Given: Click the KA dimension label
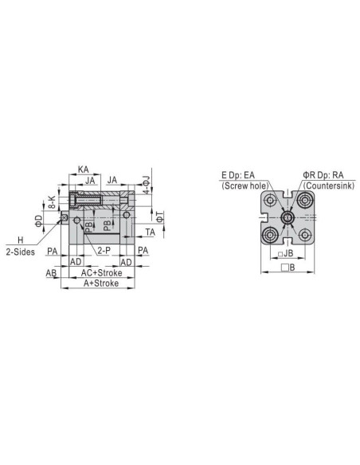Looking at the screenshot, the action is tap(84, 170).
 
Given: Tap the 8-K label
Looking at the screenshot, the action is tap(53, 202).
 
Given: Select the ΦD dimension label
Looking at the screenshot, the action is tap(39, 221).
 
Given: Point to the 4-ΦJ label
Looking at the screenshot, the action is tap(147, 185).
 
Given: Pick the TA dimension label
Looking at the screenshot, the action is tap(151, 232).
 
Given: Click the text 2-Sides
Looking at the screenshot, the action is tap(21, 252).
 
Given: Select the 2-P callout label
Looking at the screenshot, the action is tap(104, 251).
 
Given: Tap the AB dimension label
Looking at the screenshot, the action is tap(51, 273).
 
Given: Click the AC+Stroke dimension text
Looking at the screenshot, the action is tap(101, 273).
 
